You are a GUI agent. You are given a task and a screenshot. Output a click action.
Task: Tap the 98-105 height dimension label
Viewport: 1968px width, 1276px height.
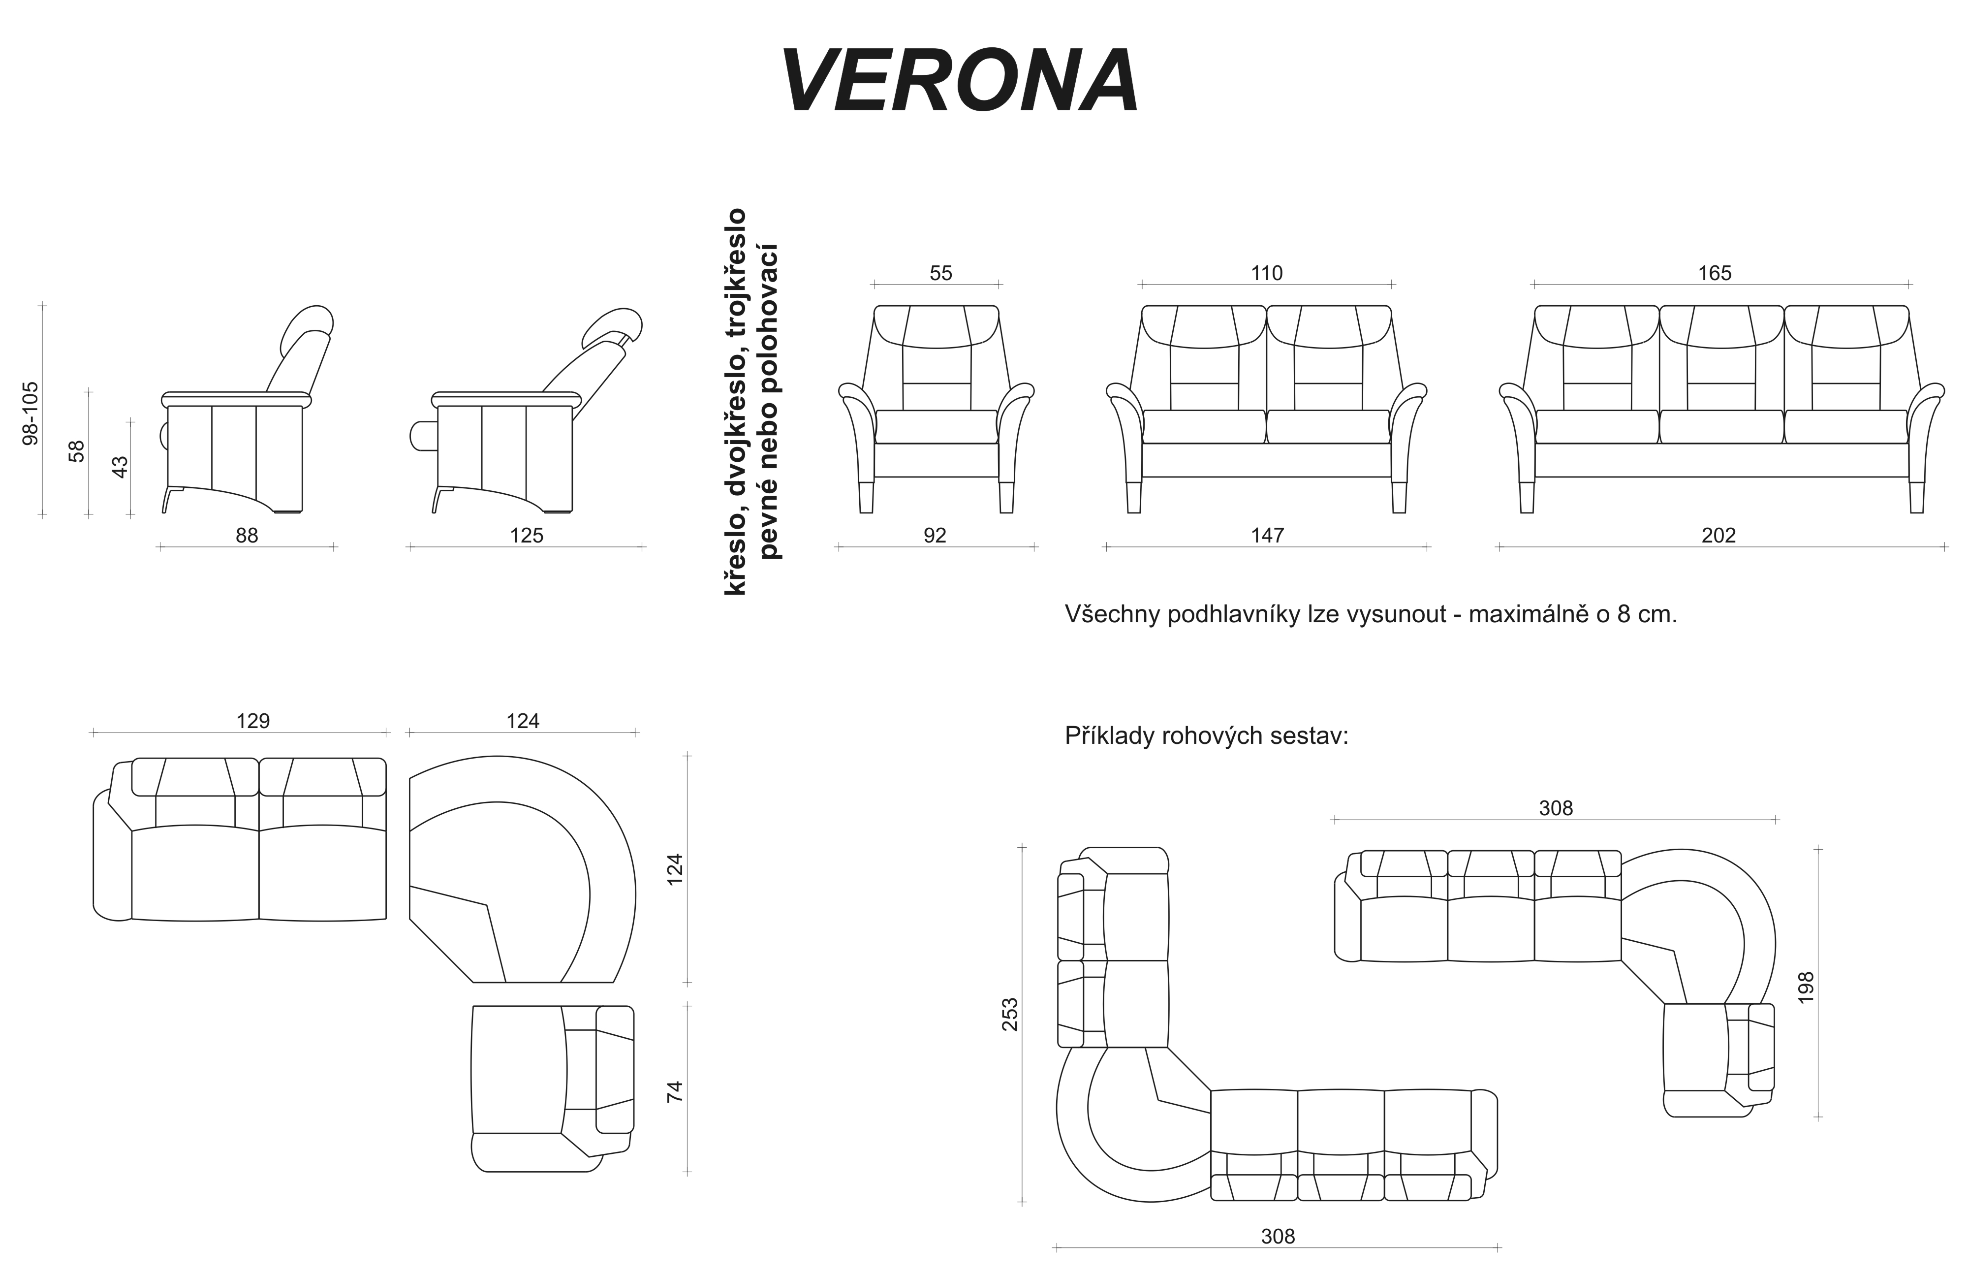pyautogui.click(x=31, y=414)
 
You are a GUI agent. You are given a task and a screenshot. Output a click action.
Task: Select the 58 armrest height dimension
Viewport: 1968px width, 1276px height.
pyautogui.click(x=77, y=451)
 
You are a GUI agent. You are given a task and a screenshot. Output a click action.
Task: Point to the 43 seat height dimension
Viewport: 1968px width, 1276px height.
pyautogui.click(x=120, y=467)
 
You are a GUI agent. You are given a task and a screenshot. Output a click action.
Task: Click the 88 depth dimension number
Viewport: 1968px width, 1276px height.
pyautogui.click(x=247, y=536)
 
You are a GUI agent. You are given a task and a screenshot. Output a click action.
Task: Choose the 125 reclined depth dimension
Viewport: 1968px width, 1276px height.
pyautogui.click(x=527, y=536)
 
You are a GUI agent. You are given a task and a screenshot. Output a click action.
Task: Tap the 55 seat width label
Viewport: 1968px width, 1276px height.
pyautogui.click(x=941, y=273)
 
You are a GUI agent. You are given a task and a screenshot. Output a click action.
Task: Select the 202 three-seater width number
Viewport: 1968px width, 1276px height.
pyautogui.click(x=1718, y=536)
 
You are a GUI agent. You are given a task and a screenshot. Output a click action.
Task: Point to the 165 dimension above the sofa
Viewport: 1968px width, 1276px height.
pyautogui.click(x=1715, y=273)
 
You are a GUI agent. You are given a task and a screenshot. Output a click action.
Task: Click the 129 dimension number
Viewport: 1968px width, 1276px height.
pyautogui.click(x=253, y=721)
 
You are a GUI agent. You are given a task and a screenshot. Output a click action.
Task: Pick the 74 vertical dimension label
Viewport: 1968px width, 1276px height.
pyautogui.click(x=676, y=1091)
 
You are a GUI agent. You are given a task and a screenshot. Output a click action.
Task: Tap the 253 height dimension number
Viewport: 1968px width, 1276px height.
pyautogui.click(x=1010, y=1014)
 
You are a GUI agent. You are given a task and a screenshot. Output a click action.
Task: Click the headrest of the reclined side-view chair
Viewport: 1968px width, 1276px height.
pyautogui.click(x=612, y=327)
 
